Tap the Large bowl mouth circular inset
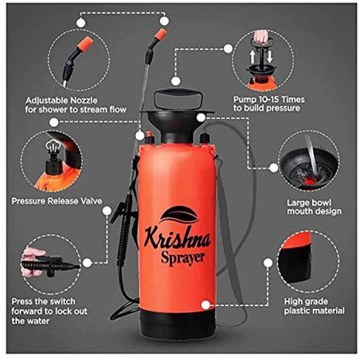[x=307, y=160]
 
